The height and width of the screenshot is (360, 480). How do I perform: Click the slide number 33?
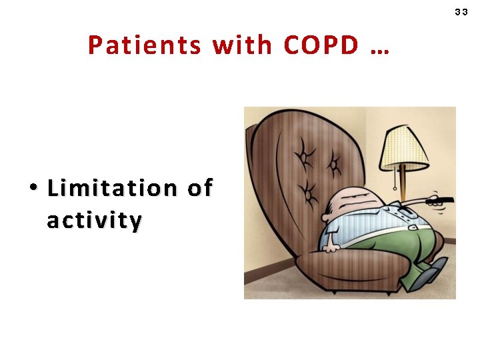(461, 12)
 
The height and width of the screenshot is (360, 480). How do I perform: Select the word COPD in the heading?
(321, 46)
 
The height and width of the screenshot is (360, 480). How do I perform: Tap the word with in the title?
(243, 46)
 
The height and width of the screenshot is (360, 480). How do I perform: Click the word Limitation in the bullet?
(112, 189)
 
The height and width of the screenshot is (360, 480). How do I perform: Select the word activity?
(94, 220)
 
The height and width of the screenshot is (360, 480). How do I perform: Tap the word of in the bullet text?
(199, 189)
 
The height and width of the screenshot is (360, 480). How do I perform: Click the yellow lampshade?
(405, 147)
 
